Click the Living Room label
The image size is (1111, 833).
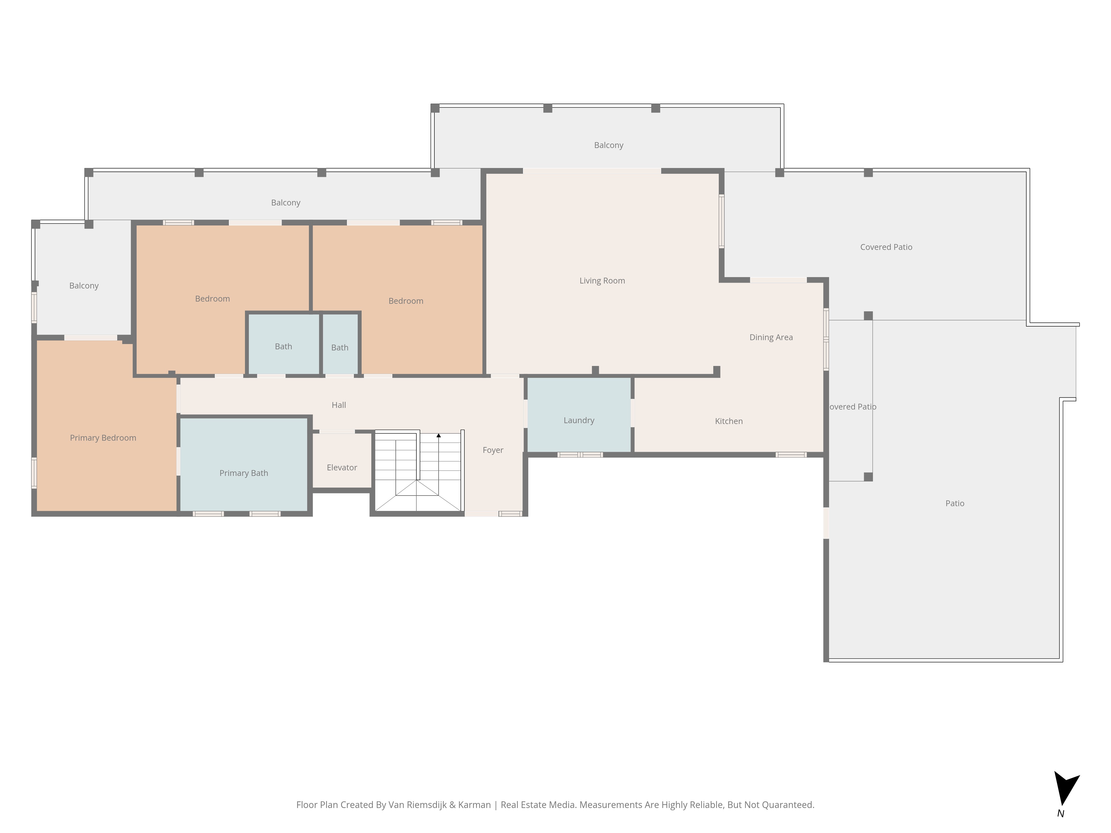pos(602,281)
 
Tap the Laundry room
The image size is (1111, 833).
pos(579,415)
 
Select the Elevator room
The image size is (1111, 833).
pos(342,460)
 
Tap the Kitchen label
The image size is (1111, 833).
pos(729,421)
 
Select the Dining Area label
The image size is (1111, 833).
pos(771,337)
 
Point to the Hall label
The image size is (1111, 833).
pos(339,405)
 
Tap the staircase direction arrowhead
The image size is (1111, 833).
pos(439,435)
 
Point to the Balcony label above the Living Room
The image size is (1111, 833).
pos(609,145)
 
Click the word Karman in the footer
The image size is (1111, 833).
pos(474,805)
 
